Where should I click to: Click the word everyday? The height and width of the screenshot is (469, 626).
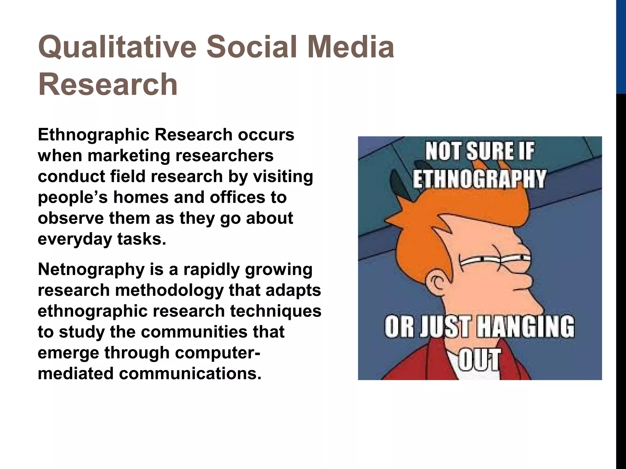pyautogui.click(x=75, y=239)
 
